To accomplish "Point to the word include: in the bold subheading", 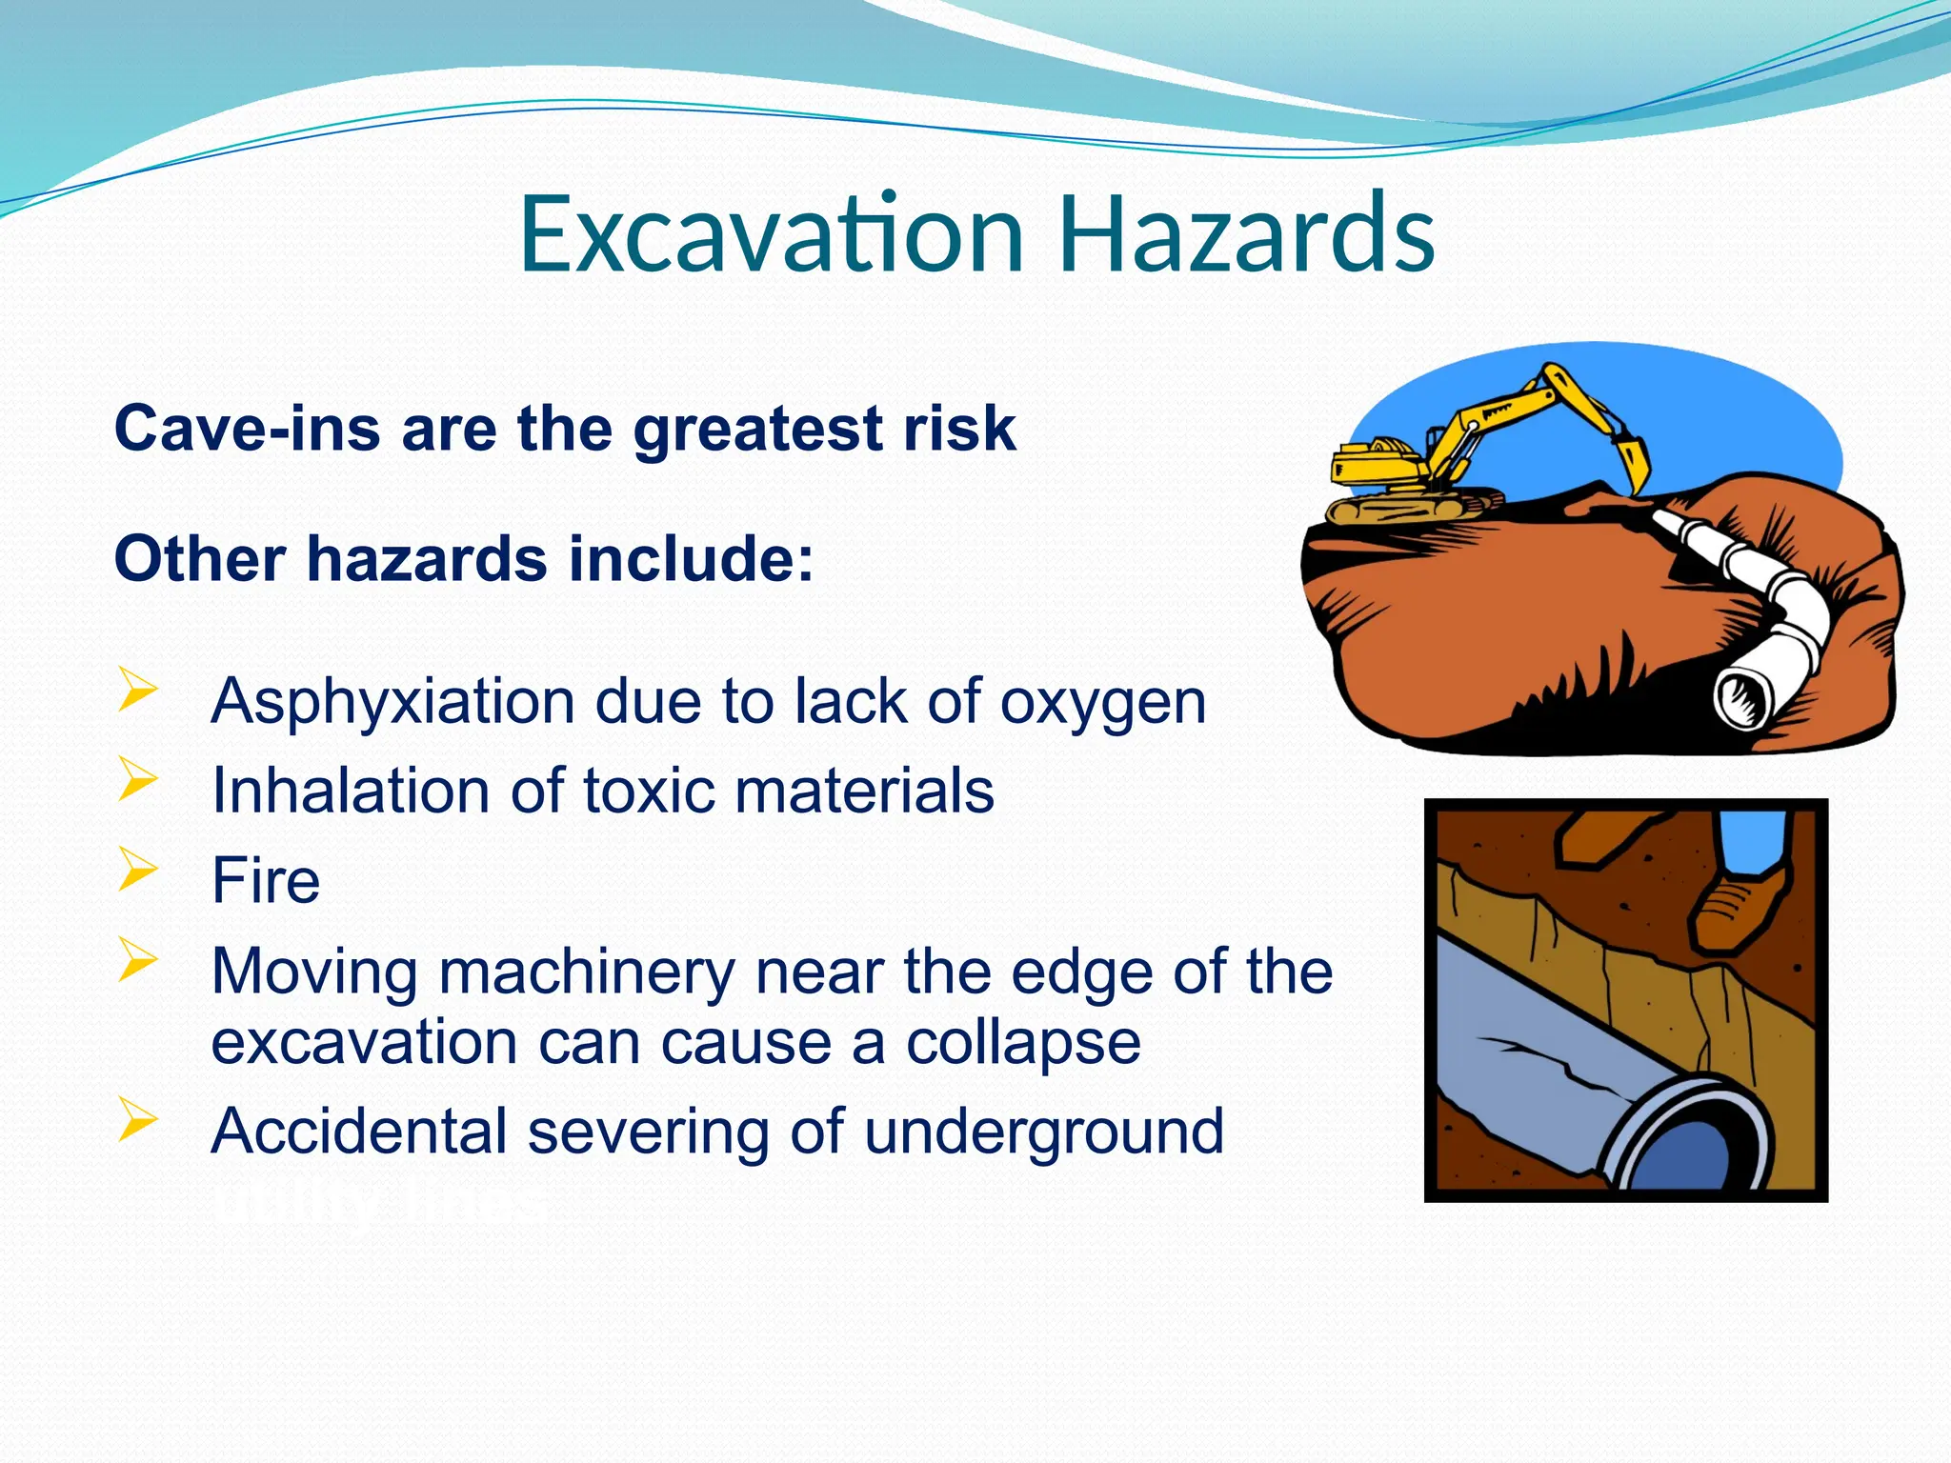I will click(x=692, y=559).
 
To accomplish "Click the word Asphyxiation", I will click(x=392, y=703).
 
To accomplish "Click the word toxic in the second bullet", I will click(x=648, y=792).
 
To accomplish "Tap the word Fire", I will click(x=266, y=881).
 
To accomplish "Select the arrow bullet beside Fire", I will click(x=137, y=870).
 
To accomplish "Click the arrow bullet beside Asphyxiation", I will click(x=137, y=690).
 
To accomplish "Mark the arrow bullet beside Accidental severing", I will click(x=137, y=1120).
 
